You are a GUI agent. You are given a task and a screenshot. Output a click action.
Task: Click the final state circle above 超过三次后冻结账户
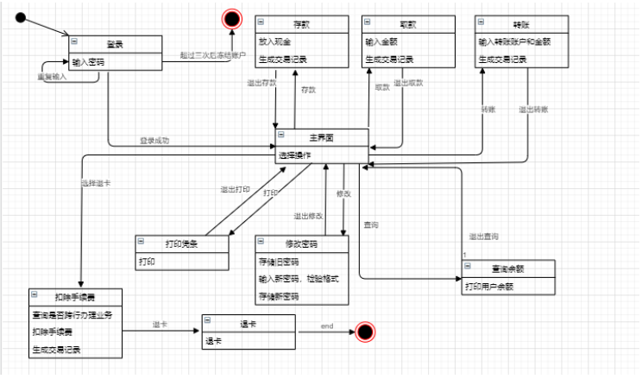(231, 18)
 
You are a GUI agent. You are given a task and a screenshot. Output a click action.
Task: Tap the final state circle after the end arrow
(365, 332)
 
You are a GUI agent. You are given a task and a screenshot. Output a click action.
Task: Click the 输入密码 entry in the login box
(89, 61)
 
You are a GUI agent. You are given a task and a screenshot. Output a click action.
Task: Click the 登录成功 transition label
(154, 140)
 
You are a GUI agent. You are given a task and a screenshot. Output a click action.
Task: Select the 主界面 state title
(321, 137)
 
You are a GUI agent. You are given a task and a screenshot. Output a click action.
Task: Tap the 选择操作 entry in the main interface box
(295, 155)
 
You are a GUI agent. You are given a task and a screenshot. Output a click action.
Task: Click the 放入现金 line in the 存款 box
(275, 41)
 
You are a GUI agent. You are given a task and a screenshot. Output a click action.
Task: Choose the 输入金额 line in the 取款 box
(382, 41)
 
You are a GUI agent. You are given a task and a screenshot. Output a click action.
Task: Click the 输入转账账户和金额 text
(510, 41)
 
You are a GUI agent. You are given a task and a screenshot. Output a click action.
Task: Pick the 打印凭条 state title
(182, 243)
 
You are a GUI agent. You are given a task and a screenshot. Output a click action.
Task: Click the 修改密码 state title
(302, 243)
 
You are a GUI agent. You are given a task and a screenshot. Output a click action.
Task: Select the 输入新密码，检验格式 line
(299, 278)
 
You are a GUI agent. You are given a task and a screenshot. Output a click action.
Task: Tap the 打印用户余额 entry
(488, 286)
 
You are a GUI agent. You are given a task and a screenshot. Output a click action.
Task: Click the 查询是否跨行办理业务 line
(72, 315)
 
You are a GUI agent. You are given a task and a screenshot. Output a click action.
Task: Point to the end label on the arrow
(327, 325)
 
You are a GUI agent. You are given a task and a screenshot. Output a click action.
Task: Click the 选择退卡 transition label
(94, 183)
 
